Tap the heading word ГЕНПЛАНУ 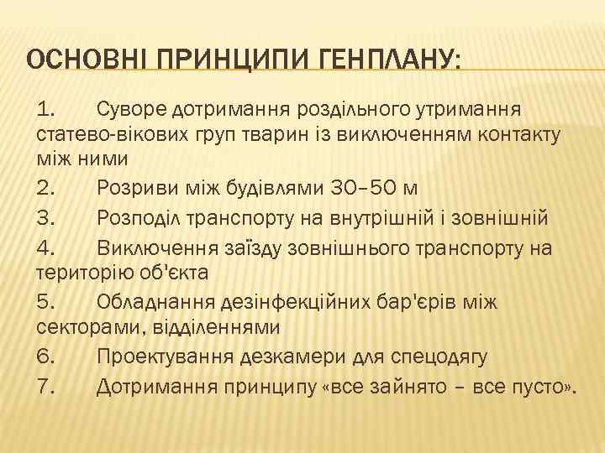pos(389,61)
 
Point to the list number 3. pos(45,219)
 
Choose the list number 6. pos(45,357)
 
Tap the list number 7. pos(45,385)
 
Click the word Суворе pos(131,108)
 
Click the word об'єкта pos(176,274)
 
